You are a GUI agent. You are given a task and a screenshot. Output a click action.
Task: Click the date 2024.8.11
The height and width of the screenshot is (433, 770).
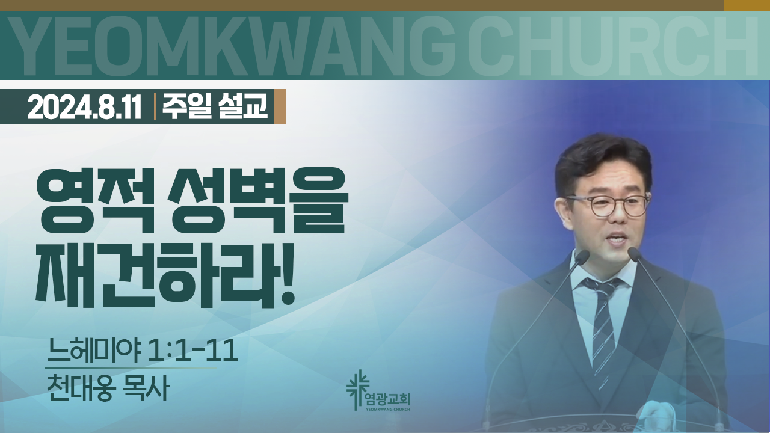[x=85, y=107]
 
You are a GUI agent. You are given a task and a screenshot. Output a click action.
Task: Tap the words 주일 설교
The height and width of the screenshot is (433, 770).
[x=215, y=106]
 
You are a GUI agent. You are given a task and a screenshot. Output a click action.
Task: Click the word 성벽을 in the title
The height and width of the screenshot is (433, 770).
[x=259, y=202]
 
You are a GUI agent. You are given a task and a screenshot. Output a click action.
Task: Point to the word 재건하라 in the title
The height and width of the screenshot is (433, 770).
[x=155, y=275]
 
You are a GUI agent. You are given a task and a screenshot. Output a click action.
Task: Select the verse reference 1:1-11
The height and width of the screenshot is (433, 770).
[x=192, y=351]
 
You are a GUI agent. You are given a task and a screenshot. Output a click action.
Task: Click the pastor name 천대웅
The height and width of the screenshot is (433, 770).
[x=80, y=388]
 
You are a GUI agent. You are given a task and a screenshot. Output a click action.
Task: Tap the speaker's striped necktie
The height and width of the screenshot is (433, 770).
[x=602, y=330]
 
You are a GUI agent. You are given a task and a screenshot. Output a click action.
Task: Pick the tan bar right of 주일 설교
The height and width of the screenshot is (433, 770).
[x=280, y=106]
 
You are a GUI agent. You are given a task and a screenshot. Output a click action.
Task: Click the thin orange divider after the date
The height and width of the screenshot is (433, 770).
[x=155, y=106]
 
